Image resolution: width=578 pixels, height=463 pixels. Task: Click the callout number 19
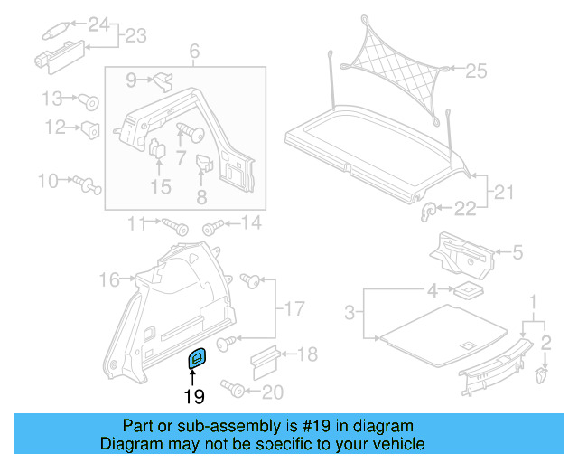(194, 396)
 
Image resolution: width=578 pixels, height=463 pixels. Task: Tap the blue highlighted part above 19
(196, 359)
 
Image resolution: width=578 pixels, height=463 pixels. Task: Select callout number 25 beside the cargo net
(476, 70)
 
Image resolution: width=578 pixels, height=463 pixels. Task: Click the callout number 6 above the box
(192, 52)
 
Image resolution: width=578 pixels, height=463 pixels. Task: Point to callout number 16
(109, 279)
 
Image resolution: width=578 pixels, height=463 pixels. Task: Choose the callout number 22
(464, 210)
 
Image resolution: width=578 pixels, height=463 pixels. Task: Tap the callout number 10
(47, 182)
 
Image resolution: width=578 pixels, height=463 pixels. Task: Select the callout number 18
(307, 354)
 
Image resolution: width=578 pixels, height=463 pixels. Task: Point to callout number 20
(272, 392)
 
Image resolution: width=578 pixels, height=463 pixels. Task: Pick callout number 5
(517, 253)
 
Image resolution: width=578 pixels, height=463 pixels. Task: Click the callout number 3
(350, 314)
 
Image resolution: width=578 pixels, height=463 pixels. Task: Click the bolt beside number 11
(173, 222)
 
